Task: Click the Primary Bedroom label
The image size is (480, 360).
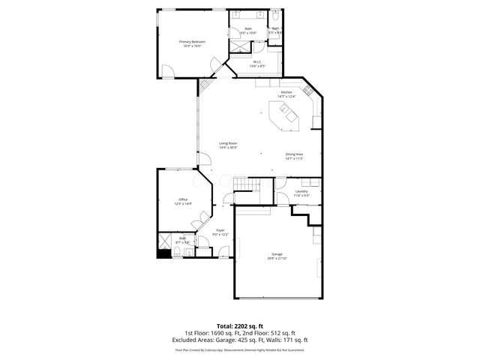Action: [x=192, y=43]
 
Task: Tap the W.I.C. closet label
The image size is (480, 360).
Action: [x=256, y=64]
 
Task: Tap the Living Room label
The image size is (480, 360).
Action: [x=228, y=145]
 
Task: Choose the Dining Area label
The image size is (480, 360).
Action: [x=294, y=156]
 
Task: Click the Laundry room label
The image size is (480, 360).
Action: [x=301, y=193]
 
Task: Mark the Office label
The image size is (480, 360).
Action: [x=183, y=201]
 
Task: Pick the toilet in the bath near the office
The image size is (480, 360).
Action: [x=188, y=251]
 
